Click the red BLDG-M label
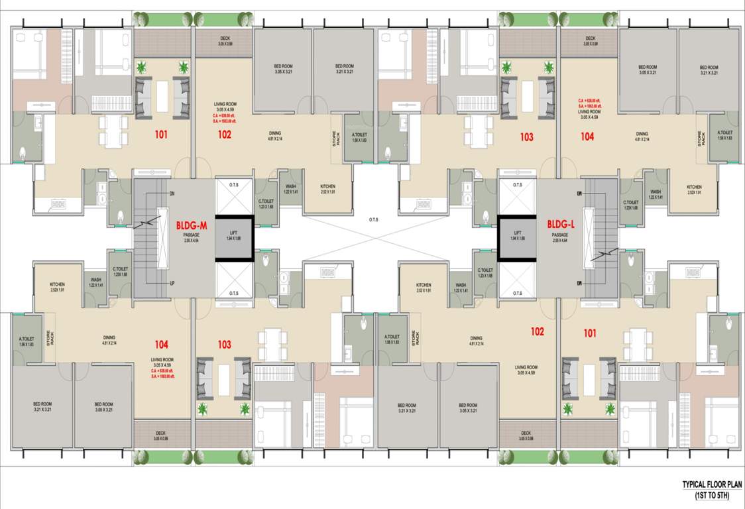(x=192, y=225)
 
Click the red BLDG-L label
(x=560, y=224)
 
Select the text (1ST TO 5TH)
(x=712, y=495)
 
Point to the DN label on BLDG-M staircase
(x=171, y=194)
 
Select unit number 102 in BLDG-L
(x=537, y=331)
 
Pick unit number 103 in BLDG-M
(x=225, y=345)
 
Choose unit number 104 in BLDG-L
(x=587, y=137)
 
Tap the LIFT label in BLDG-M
(x=233, y=233)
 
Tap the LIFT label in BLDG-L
(x=518, y=233)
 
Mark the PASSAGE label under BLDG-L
(x=560, y=235)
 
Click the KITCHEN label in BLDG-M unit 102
(x=327, y=187)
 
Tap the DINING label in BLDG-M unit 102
(x=274, y=133)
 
